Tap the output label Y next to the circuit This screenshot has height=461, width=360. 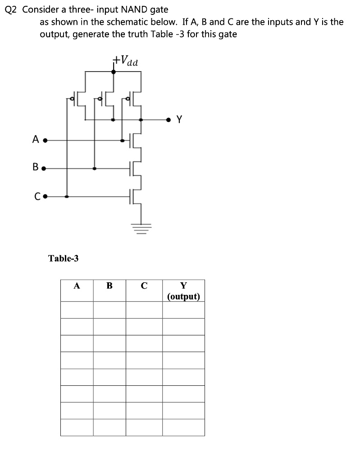click(180, 119)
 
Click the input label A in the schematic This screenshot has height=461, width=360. click(36, 140)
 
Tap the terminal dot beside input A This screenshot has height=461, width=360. click(45, 140)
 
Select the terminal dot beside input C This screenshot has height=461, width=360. click(46, 196)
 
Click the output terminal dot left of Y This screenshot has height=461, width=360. click(169, 120)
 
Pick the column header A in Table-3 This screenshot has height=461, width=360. click(77, 285)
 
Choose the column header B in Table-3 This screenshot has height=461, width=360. click(109, 285)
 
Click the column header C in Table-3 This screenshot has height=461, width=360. click(144, 285)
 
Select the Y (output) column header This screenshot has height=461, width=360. click(183, 291)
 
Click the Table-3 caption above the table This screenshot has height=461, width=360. click(63, 258)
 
